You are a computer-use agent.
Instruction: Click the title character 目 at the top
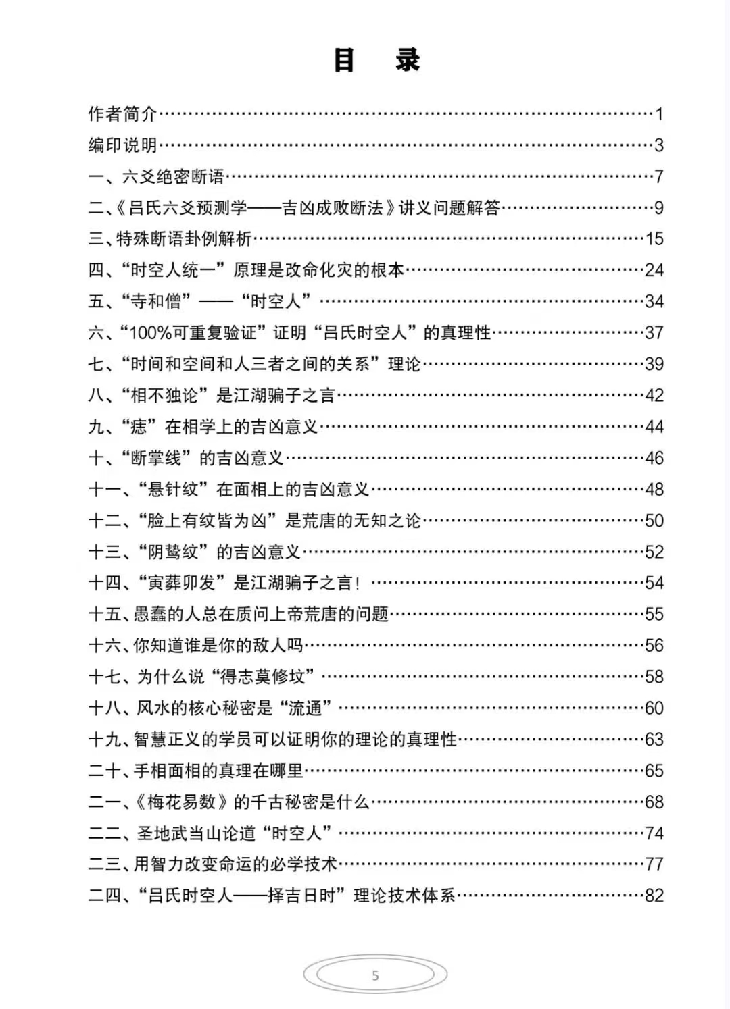coord(345,60)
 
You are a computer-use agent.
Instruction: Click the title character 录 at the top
coord(408,60)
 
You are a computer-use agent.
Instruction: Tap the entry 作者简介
coord(122,114)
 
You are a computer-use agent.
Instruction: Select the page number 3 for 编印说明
coord(659,145)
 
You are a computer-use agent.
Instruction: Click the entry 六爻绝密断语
coord(173,177)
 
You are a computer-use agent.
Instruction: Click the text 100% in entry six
coord(150,333)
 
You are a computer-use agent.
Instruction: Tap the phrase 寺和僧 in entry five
coord(156,301)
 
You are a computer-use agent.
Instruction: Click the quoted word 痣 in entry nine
coord(139,427)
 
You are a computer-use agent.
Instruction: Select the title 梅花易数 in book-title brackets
coord(182,802)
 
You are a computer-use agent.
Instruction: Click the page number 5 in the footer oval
coord(375,975)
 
